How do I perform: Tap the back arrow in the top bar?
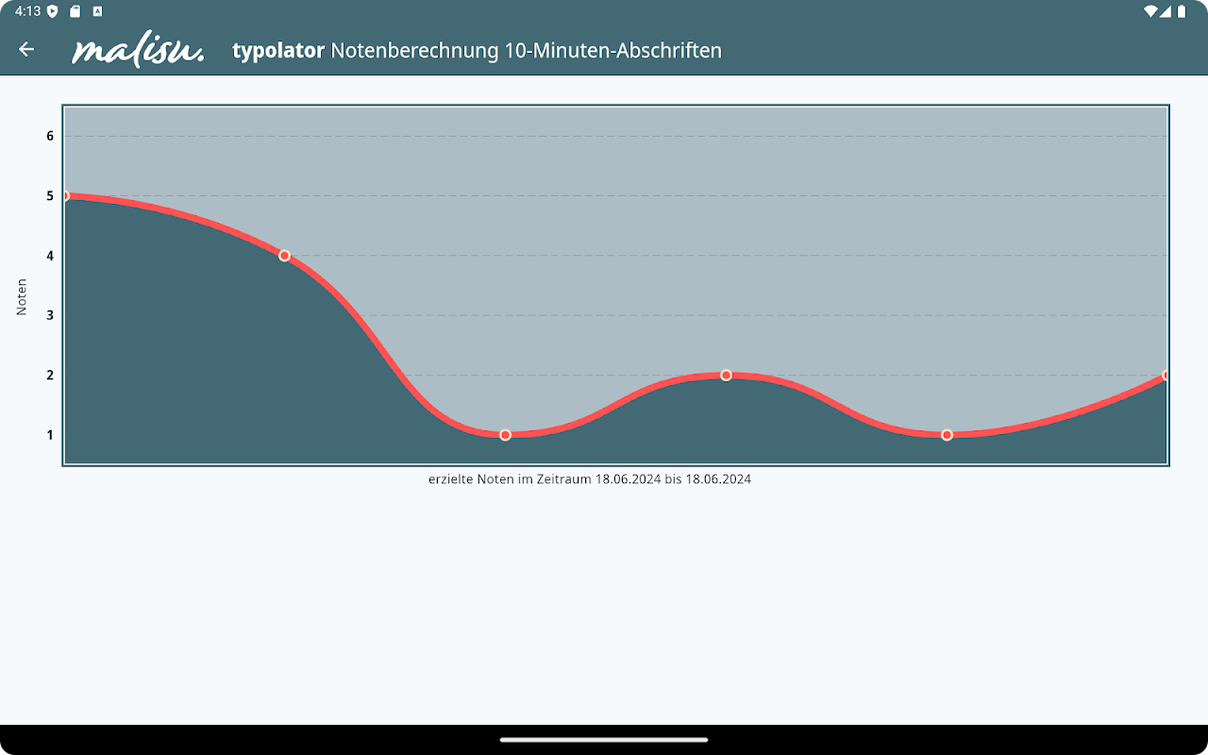pyautogui.click(x=26, y=49)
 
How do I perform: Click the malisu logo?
pyautogui.click(x=138, y=51)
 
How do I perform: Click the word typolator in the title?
pyautogui.click(x=278, y=50)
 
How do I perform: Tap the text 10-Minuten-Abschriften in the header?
pyautogui.click(x=612, y=50)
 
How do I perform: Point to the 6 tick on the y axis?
pyautogui.click(x=50, y=136)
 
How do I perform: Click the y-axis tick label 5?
pyautogui.click(x=50, y=196)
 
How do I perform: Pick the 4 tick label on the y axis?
pyautogui.click(x=50, y=256)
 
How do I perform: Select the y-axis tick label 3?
pyautogui.click(x=50, y=315)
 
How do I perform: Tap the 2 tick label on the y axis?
pyautogui.click(x=50, y=376)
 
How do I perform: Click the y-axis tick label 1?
pyautogui.click(x=50, y=435)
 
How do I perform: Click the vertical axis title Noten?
pyautogui.click(x=22, y=297)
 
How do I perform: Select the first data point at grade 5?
pyautogui.click(x=65, y=196)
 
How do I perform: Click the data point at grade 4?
pyautogui.click(x=284, y=256)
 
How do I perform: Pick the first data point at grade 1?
pyautogui.click(x=505, y=435)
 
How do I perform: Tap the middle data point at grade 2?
pyautogui.click(x=726, y=376)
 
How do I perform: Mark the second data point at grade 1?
pyautogui.click(x=947, y=435)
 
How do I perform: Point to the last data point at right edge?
pyautogui.click(x=1166, y=376)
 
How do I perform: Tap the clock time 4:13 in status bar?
pyautogui.click(x=27, y=11)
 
